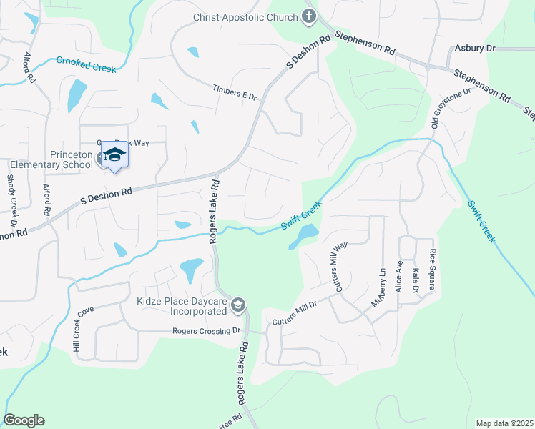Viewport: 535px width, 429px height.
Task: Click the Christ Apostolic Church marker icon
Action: click(x=309, y=16)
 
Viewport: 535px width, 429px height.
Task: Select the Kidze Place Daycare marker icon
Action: click(x=238, y=306)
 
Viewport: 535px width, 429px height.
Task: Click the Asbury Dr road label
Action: click(x=475, y=49)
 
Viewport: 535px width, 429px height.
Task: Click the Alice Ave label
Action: click(x=399, y=275)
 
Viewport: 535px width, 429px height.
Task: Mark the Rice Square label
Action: click(x=432, y=270)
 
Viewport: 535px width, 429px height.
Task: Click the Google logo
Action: click(x=24, y=420)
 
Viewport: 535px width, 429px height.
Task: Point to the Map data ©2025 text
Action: click(x=504, y=423)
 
